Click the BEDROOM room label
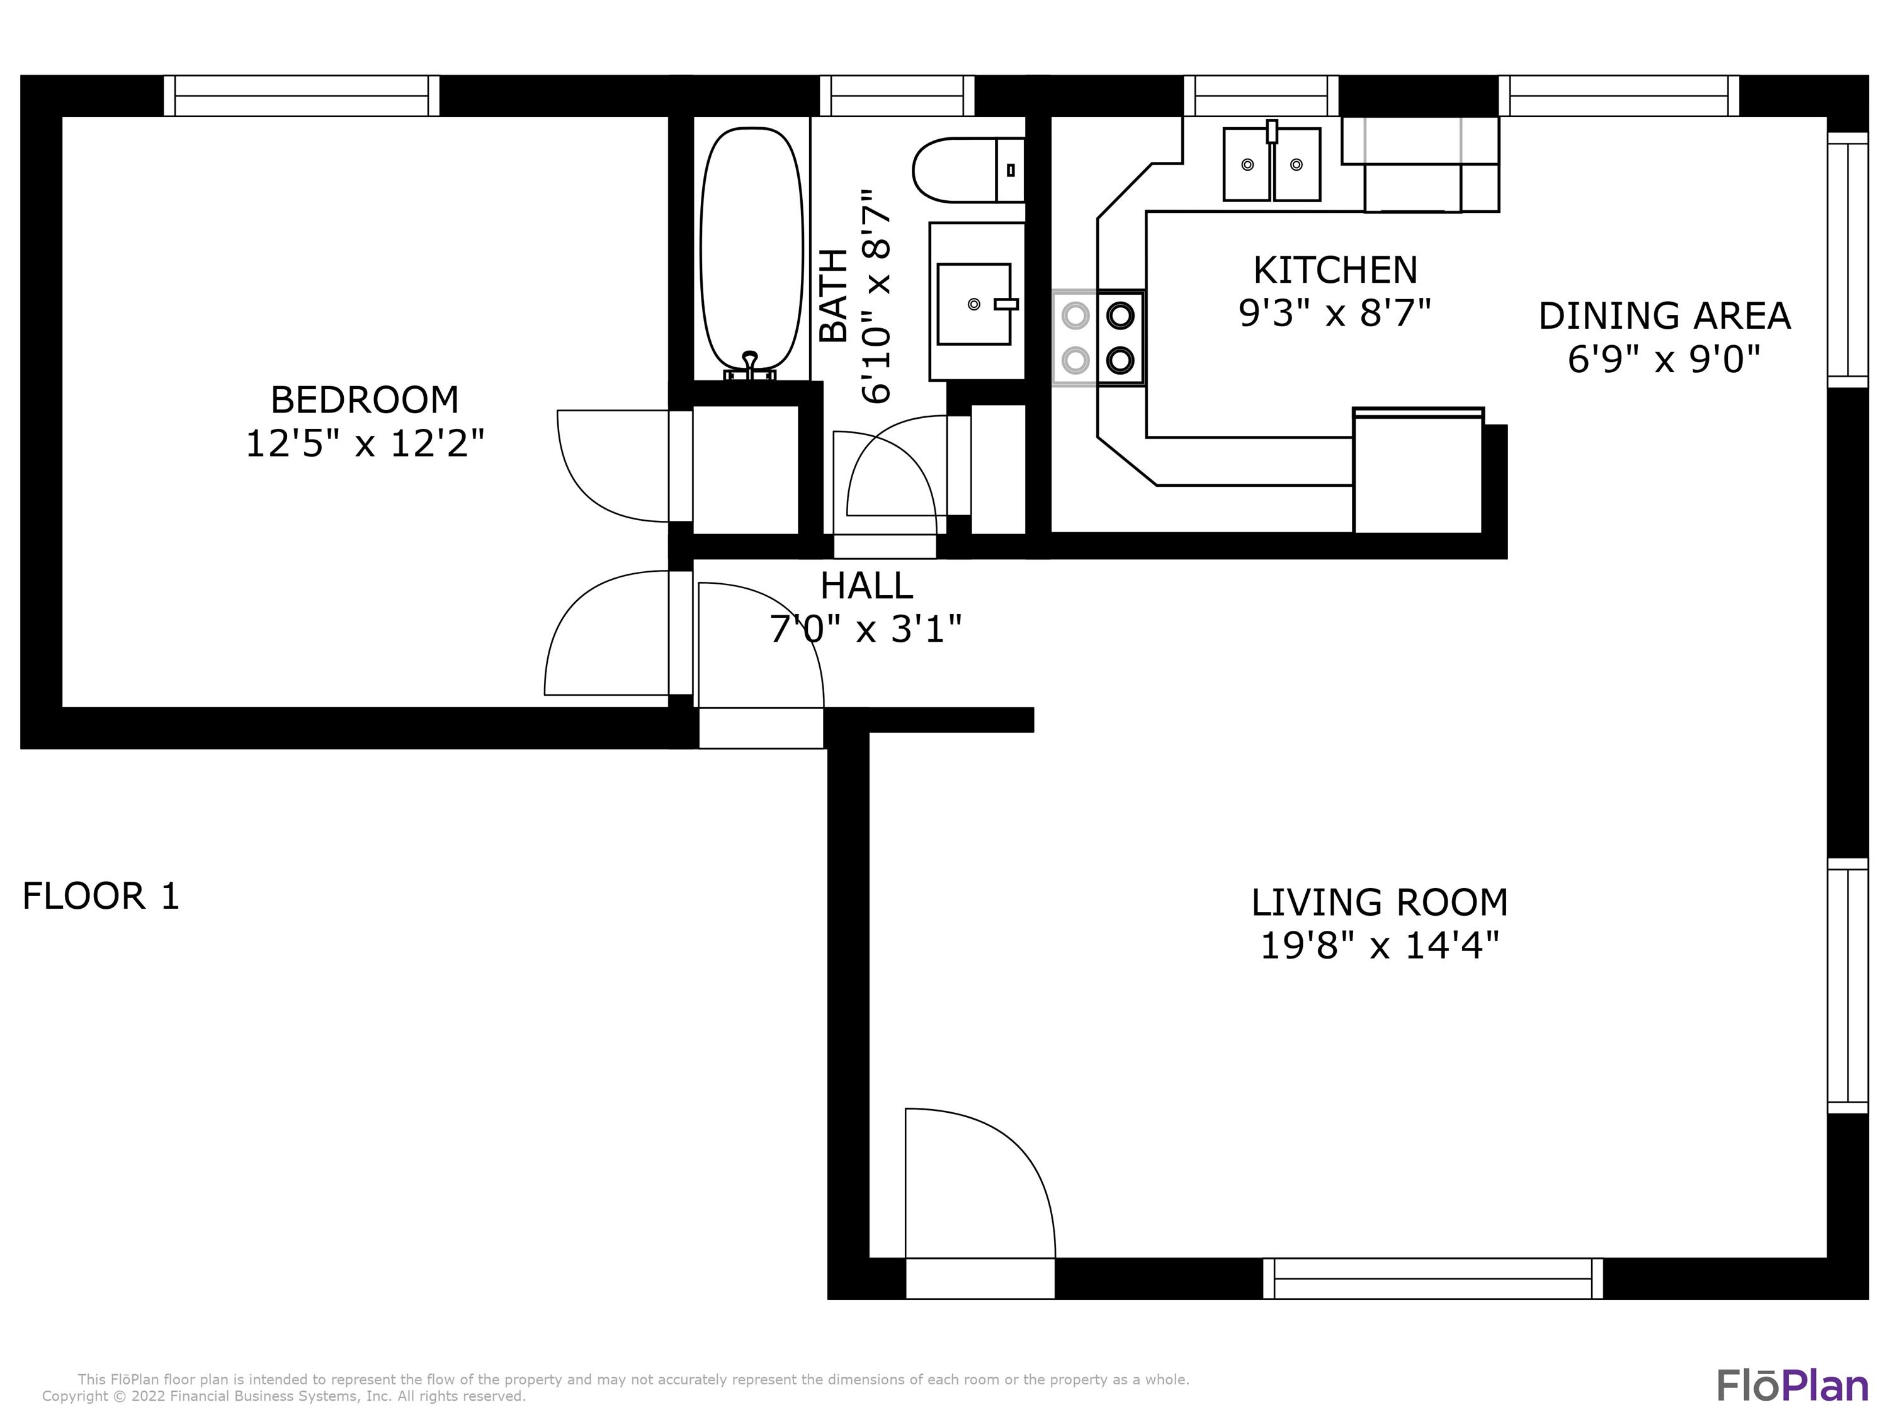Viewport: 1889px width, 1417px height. (365, 400)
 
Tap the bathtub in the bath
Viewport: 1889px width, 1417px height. (751, 248)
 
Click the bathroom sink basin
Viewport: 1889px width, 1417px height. (973, 303)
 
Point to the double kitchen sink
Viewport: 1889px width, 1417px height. (1271, 164)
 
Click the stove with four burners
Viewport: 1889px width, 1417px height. (1098, 338)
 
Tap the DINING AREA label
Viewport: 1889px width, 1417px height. (1664, 316)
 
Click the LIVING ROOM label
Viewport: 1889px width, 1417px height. (1379, 902)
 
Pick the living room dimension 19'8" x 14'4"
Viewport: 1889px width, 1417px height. (1379, 945)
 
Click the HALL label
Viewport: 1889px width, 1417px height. (866, 586)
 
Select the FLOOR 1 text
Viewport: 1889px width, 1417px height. (101, 896)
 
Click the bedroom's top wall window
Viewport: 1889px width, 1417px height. (302, 96)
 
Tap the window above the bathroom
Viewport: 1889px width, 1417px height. (897, 96)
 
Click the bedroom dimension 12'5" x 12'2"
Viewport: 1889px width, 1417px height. (365, 444)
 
